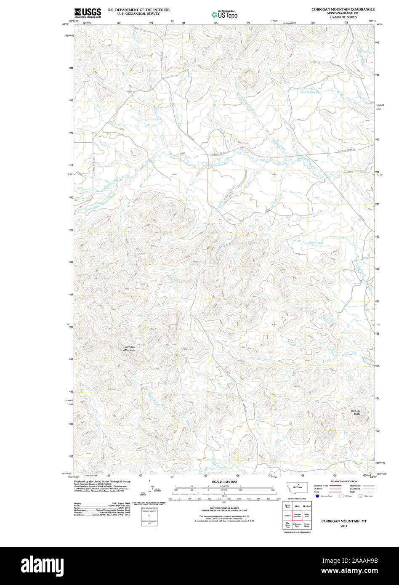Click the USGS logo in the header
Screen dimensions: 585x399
(88, 13)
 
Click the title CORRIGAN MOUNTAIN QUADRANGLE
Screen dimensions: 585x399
(343, 9)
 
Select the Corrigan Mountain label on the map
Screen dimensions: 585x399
(129, 348)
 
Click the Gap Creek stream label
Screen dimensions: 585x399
(315, 242)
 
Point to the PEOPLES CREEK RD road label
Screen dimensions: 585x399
(348, 149)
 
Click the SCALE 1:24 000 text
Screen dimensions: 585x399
(225, 481)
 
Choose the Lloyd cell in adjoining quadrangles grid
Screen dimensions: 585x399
(297, 505)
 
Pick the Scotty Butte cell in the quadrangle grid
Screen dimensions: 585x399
(306, 515)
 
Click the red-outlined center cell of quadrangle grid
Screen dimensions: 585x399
(297, 515)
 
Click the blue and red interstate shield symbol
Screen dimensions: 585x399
(317, 496)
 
